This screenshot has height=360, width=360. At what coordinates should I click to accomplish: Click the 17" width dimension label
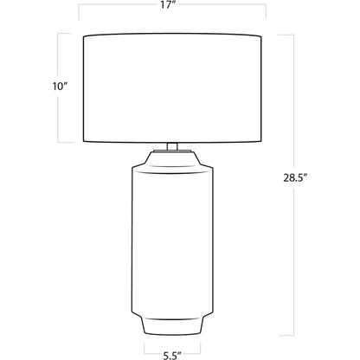[166, 5]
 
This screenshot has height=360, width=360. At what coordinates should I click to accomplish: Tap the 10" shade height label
[60, 86]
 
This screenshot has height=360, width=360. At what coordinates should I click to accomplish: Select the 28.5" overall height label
[294, 177]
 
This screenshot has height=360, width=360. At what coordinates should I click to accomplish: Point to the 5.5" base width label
[172, 356]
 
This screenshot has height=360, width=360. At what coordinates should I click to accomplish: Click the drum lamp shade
[172, 88]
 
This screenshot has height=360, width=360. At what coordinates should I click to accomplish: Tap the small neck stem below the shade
[172, 146]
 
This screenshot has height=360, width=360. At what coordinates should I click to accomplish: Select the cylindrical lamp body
[172, 241]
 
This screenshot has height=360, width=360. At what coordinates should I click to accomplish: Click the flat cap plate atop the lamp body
[172, 151]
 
